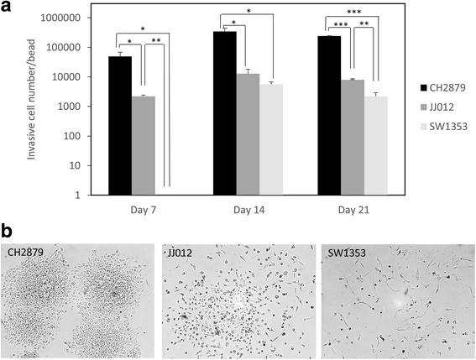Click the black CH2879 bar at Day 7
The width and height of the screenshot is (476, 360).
point(120,126)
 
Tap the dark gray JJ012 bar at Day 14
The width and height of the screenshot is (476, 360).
point(248,134)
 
